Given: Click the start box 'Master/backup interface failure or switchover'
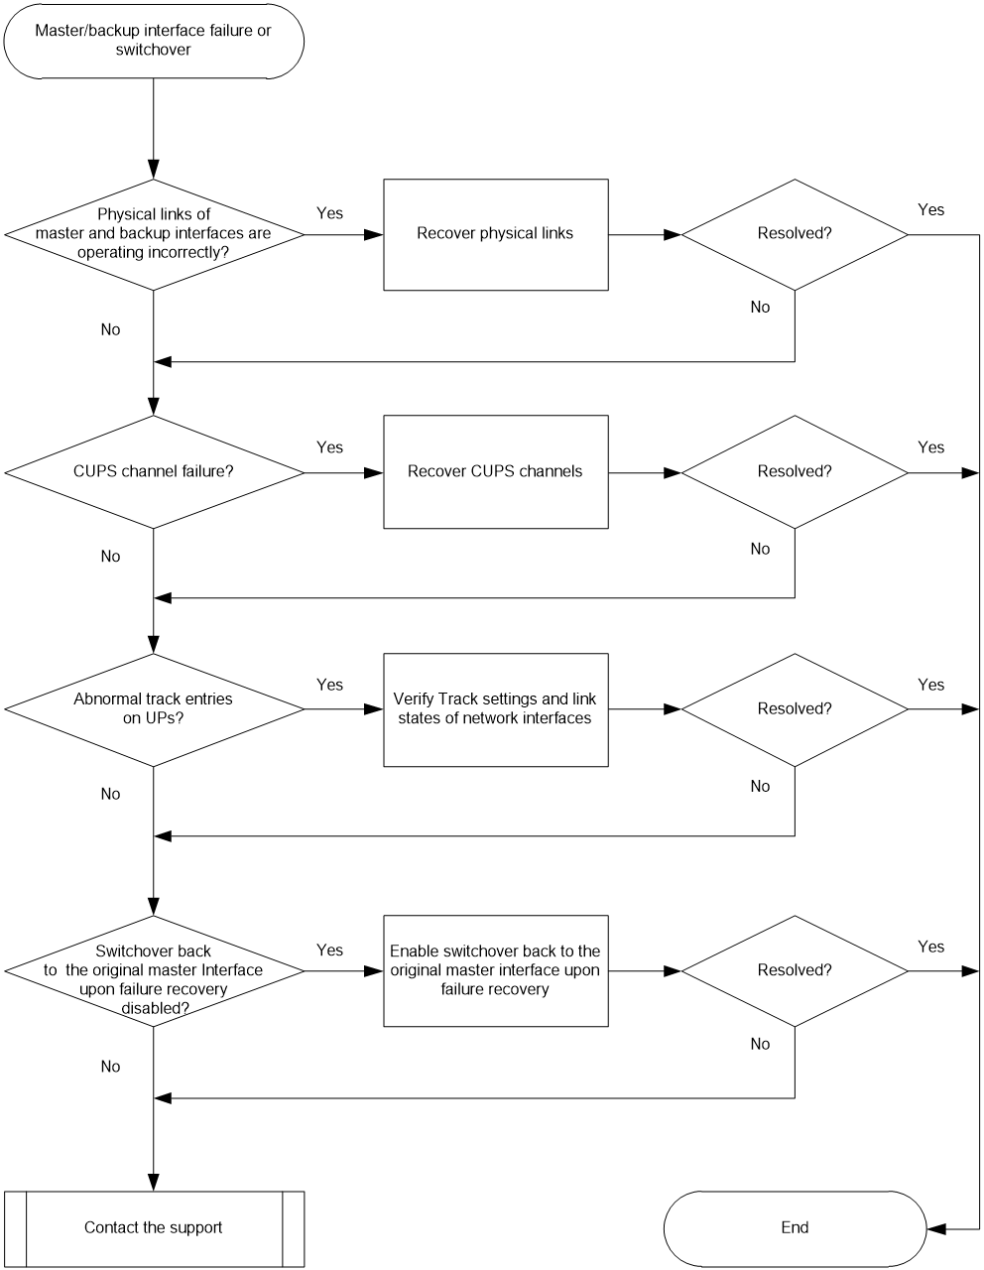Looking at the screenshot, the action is click(154, 41).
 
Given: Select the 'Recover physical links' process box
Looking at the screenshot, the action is click(496, 234).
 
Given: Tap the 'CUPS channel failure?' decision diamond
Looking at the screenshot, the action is click(154, 472).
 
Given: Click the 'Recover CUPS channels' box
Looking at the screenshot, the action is click(496, 472).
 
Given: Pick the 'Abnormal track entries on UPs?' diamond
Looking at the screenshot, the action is click(154, 709).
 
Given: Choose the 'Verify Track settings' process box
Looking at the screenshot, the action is click(496, 709).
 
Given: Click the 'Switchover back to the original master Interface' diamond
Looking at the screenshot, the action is click(154, 971).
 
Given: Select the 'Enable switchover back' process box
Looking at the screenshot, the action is click(496, 971).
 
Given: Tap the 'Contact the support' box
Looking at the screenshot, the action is click(154, 1227).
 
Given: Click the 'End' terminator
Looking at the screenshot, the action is click(795, 1227).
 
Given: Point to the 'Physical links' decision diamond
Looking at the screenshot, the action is click(154, 234).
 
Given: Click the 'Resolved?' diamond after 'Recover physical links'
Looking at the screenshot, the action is click(795, 234).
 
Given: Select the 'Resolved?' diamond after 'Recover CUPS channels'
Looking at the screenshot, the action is click(795, 472).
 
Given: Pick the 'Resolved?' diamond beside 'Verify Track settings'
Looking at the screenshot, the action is click(795, 709).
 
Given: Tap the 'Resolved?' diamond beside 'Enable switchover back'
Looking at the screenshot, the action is click(795, 971).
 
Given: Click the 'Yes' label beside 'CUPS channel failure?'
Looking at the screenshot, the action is click(329, 447).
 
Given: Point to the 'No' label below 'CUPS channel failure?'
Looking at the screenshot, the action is click(110, 556).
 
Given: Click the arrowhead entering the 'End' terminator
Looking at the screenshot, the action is click(936, 1229).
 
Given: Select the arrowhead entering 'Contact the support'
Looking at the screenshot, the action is click(154, 1182).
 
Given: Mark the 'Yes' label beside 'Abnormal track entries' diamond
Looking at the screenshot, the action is click(329, 685).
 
